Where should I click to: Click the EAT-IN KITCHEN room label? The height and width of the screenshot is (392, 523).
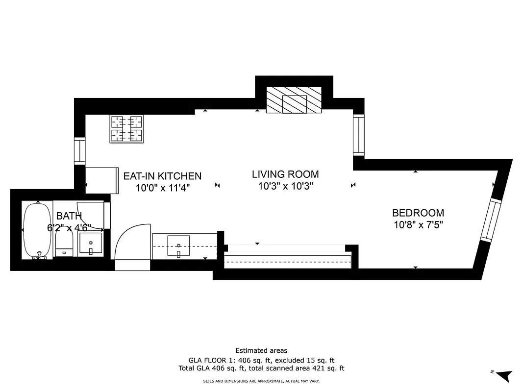pyautogui.click(x=162, y=176)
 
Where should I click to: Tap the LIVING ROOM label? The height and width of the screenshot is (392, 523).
pyautogui.click(x=285, y=174)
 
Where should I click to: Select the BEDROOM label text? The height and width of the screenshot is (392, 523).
pyautogui.click(x=418, y=213)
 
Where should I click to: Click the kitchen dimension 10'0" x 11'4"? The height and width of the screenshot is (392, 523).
pyautogui.click(x=162, y=188)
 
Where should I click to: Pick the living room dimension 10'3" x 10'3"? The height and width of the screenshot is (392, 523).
pyautogui.click(x=285, y=186)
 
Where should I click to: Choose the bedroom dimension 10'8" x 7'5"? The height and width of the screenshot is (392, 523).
pyautogui.click(x=418, y=225)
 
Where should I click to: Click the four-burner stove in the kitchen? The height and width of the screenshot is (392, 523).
pyautogui.click(x=127, y=129)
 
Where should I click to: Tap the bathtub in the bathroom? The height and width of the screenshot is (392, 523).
pyautogui.click(x=37, y=230)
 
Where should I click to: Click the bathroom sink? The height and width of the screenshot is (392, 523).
pyautogui.click(x=90, y=244)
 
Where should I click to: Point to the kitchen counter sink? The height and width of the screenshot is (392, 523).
pyautogui.click(x=179, y=245)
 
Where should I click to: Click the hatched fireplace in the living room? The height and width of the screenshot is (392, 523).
pyautogui.click(x=294, y=100)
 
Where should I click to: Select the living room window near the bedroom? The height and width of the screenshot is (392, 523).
pyautogui.click(x=359, y=135)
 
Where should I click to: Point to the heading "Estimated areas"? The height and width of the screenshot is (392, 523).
pyautogui.click(x=261, y=350)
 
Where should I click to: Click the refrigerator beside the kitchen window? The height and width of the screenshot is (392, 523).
pyautogui.click(x=102, y=180)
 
